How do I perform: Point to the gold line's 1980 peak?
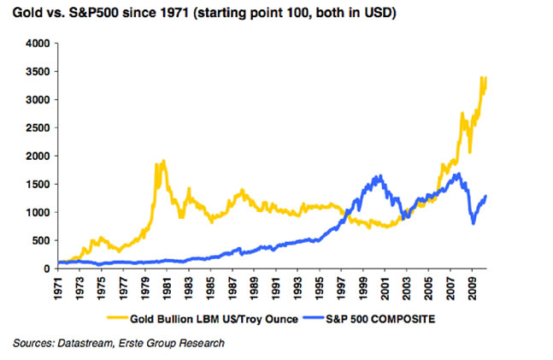coord(162,161)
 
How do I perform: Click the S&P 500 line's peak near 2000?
coord(378,176)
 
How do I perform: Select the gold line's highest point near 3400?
coord(484,77)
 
